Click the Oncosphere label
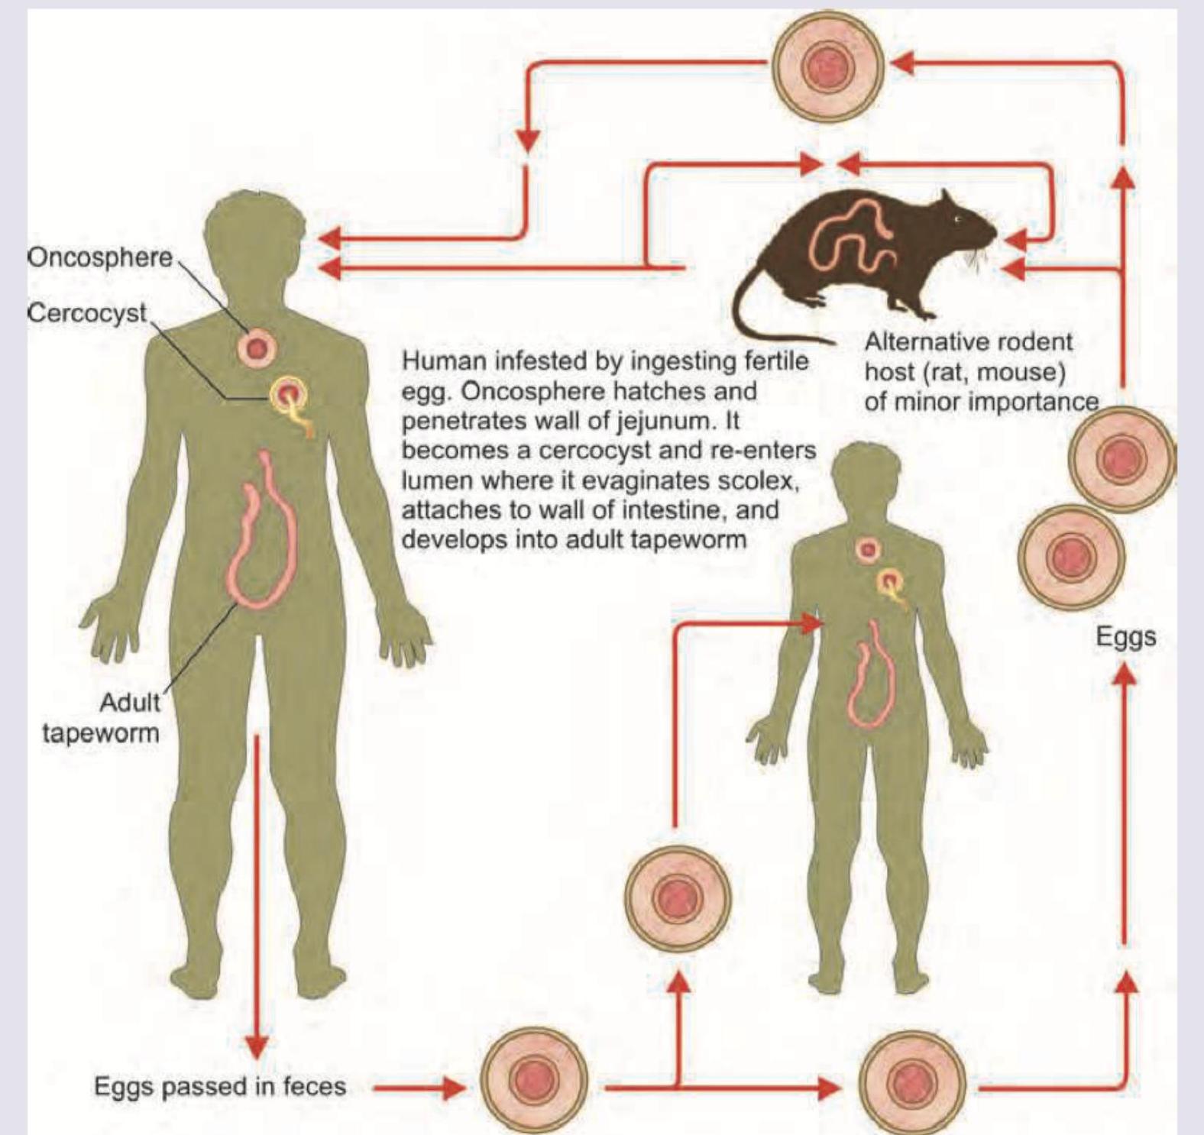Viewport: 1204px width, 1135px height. [99, 257]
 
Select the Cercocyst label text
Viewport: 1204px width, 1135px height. [86, 312]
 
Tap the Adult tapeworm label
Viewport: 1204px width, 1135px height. [102, 718]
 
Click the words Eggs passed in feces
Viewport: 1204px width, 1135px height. [220, 1086]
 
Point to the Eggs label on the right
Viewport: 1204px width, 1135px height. [1125, 636]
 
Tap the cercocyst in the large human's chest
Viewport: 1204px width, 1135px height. [290, 396]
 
